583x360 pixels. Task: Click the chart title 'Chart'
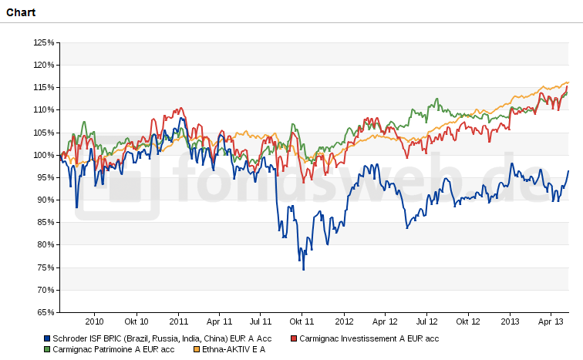(x=21, y=12)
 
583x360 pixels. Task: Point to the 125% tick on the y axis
(x=44, y=42)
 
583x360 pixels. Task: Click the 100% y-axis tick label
(x=44, y=155)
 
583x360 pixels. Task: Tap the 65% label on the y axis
(x=45, y=312)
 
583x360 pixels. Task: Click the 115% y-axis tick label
(x=44, y=87)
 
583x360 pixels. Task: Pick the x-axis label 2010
(x=94, y=321)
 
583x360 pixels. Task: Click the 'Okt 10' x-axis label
(x=136, y=321)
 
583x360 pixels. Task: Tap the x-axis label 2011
(x=179, y=321)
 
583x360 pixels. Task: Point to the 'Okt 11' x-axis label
(x=302, y=321)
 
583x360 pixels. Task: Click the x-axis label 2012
(x=344, y=321)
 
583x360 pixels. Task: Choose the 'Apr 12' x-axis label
(x=385, y=321)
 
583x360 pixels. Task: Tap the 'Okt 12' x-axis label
(x=468, y=321)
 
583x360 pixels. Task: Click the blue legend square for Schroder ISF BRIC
(x=48, y=338)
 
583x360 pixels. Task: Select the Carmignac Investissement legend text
(x=369, y=338)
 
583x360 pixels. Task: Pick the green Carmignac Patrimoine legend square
(x=48, y=349)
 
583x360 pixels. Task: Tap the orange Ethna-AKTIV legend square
(x=196, y=349)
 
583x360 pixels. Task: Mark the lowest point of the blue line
(x=304, y=270)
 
